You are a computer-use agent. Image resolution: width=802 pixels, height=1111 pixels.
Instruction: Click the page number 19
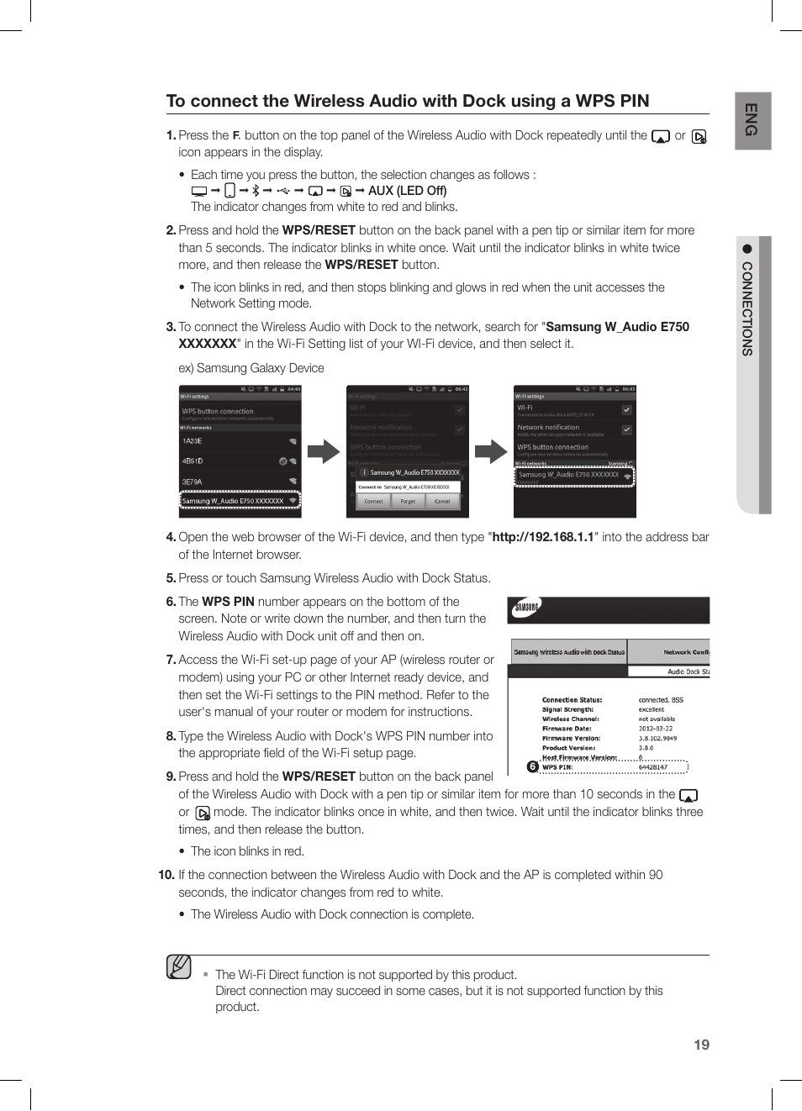point(701,1045)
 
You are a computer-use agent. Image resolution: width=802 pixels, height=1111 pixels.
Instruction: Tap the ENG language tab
point(752,120)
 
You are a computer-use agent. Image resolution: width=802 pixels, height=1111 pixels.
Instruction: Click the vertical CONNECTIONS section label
point(747,308)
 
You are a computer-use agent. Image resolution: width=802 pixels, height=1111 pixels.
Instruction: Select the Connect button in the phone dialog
point(373,501)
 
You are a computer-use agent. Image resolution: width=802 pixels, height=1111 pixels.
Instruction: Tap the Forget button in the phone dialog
point(408,501)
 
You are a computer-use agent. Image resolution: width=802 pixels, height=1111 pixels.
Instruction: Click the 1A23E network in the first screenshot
point(193,441)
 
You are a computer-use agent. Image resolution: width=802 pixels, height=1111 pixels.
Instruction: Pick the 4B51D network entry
point(193,461)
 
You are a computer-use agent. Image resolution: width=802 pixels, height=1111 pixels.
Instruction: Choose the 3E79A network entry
point(193,482)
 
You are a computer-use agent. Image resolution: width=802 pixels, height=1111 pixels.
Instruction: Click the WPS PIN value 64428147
point(653,767)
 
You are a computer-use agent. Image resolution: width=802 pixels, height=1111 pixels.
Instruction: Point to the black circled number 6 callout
point(532,766)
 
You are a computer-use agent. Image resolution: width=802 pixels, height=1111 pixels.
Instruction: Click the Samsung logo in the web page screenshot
point(527,608)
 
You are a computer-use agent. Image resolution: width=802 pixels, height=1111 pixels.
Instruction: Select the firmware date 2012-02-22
point(655,729)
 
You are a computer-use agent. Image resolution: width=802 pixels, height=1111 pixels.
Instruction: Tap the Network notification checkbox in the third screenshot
point(626,429)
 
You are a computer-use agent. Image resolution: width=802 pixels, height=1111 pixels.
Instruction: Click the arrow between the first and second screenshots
point(324,452)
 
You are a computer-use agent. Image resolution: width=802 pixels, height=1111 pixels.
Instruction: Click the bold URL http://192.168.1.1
point(543,537)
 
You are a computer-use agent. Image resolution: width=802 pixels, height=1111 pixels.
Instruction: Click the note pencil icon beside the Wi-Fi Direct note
point(178,967)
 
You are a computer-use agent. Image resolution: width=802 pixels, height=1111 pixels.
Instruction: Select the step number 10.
point(166,875)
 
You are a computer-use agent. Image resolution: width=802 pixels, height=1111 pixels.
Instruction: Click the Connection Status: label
point(572,700)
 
